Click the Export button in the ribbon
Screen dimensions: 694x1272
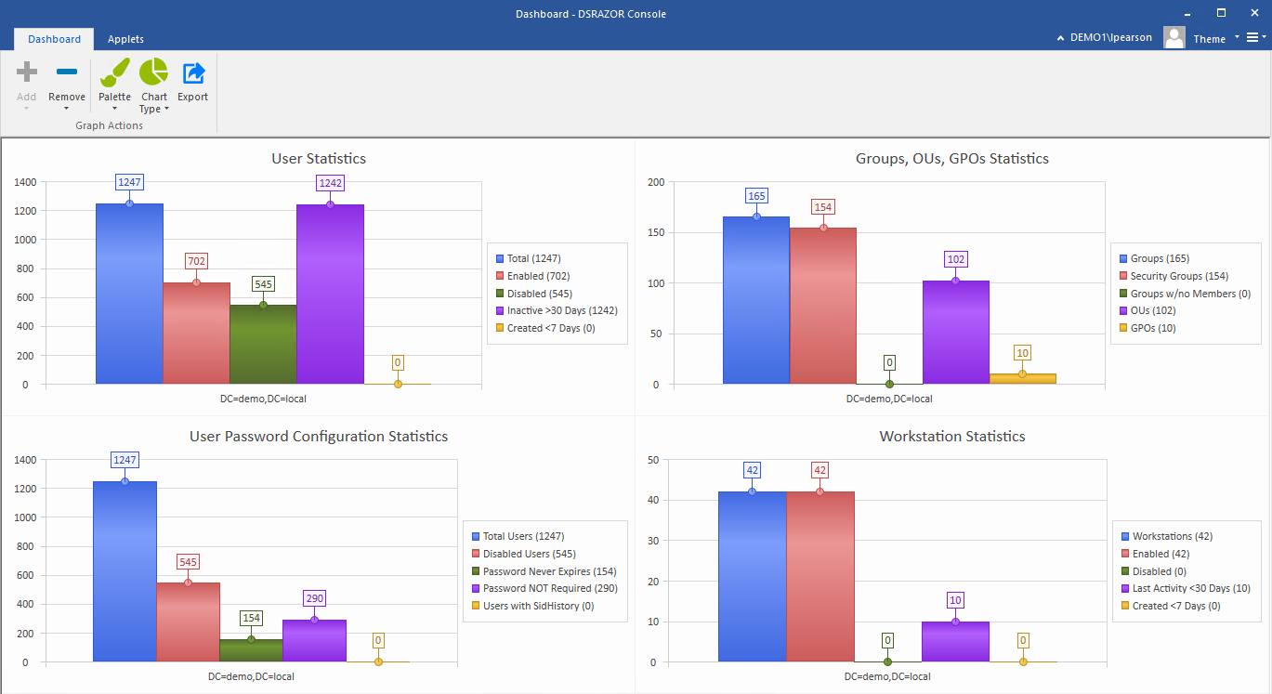(x=193, y=81)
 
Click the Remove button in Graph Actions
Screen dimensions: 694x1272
(x=66, y=81)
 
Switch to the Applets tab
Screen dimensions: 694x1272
(x=125, y=39)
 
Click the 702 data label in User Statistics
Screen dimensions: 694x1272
(x=196, y=261)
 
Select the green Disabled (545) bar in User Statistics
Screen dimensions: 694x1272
(x=263, y=344)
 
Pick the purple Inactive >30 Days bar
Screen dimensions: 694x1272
(x=330, y=294)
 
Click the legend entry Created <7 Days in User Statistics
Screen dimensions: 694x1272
(x=551, y=328)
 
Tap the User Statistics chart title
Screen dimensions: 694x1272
(x=319, y=159)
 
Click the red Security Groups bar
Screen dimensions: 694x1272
(x=822, y=306)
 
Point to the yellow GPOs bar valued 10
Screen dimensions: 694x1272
(x=1022, y=379)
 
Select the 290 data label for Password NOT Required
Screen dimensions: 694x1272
(x=314, y=598)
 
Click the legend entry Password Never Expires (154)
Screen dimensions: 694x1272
(x=549, y=571)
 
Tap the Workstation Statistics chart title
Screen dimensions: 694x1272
(x=952, y=437)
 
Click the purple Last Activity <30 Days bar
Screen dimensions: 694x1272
(x=955, y=642)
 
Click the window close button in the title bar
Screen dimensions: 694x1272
(x=1254, y=13)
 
